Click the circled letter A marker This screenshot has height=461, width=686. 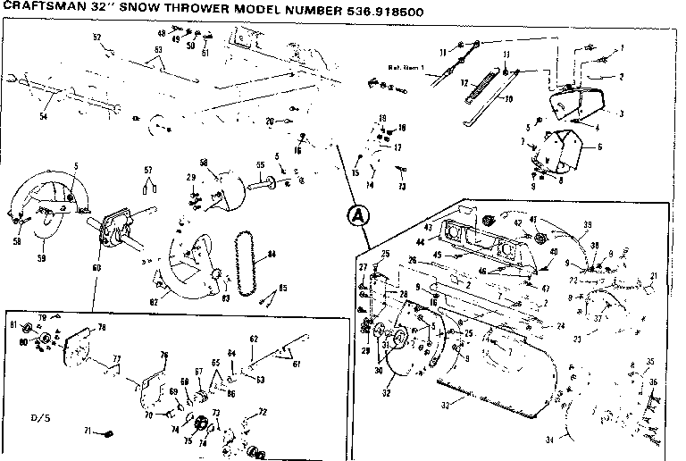pos(356,214)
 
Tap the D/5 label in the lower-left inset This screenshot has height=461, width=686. pos(39,417)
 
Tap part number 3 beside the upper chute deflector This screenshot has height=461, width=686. pos(621,113)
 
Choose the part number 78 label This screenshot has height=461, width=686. pos(101,327)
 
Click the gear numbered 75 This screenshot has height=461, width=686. pos(188,440)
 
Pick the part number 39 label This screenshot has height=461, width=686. pos(588,224)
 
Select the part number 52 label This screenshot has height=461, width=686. pos(97,37)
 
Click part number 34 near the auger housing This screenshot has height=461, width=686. pos(548,440)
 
